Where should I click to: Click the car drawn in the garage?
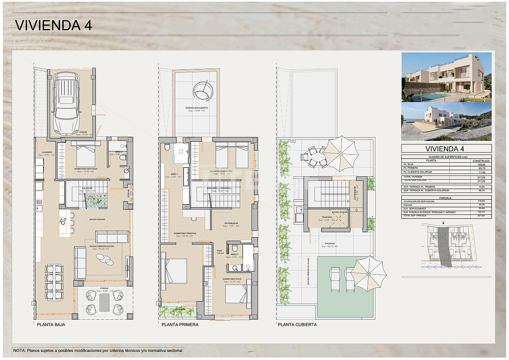(x=67, y=103)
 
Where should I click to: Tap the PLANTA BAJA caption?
(x=51, y=324)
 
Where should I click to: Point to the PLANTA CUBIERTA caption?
(x=297, y=324)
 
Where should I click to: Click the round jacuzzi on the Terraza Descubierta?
(x=202, y=91)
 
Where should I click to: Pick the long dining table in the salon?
(x=54, y=283)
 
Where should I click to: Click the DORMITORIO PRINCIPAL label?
(x=185, y=233)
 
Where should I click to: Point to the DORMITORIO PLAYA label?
(x=232, y=279)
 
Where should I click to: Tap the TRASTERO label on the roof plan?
(x=327, y=218)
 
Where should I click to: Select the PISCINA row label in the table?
(x=408, y=205)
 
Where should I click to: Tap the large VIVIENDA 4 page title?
(x=53, y=25)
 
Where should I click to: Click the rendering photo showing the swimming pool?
(x=446, y=77)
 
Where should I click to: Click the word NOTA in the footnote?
(x=19, y=351)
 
